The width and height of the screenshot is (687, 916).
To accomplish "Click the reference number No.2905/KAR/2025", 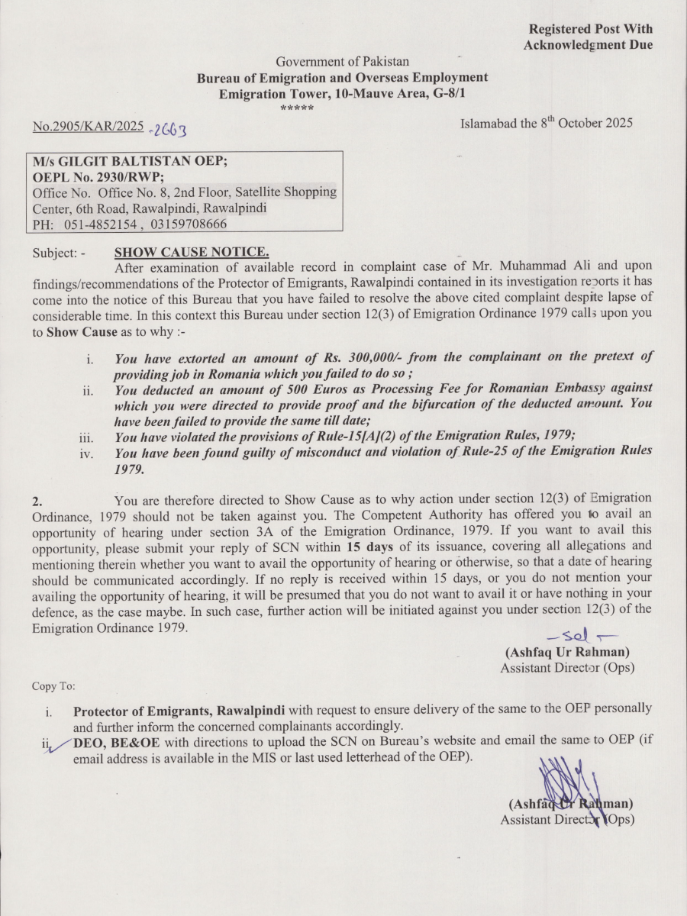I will pos(88,126).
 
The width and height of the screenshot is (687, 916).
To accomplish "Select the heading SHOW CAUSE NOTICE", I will pos(191,252).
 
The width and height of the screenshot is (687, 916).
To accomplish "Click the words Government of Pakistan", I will pos(342,62).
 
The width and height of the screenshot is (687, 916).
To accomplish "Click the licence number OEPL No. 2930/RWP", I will pos(97,176).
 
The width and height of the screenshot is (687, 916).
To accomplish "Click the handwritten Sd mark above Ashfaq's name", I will pos(582,636).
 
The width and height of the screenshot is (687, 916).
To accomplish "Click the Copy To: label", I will pos(53,685).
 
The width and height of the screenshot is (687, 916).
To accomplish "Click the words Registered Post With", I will pos(591,29).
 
